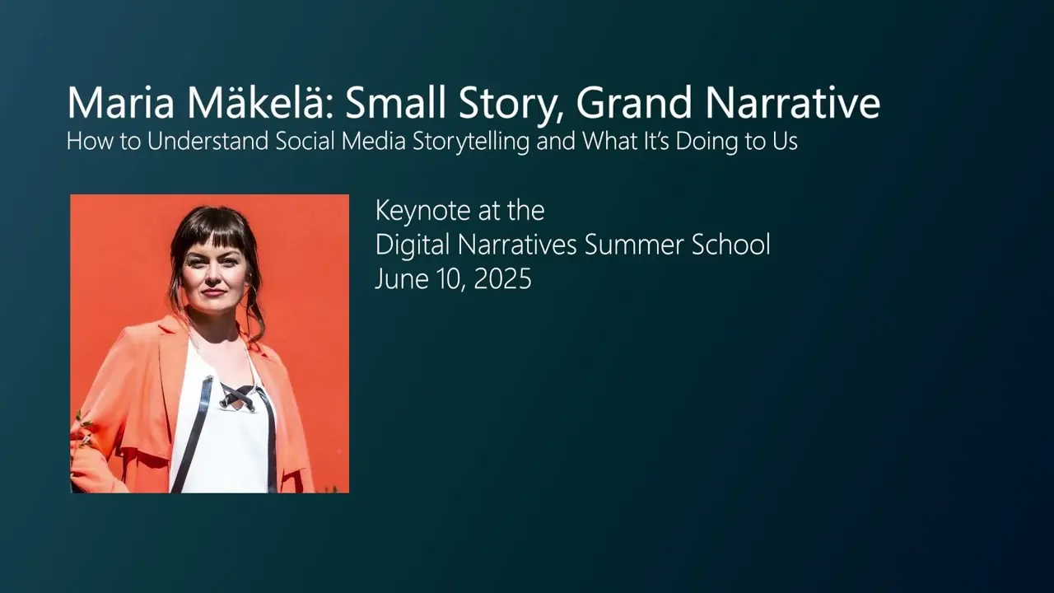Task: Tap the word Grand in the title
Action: (634, 102)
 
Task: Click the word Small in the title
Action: (395, 102)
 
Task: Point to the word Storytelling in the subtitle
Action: (471, 142)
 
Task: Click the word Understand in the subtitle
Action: (208, 141)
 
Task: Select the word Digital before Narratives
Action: (413, 245)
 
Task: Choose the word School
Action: (730, 245)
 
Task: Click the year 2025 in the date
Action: (502, 279)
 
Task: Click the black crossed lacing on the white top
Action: (238, 396)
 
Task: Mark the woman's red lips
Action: (213, 292)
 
